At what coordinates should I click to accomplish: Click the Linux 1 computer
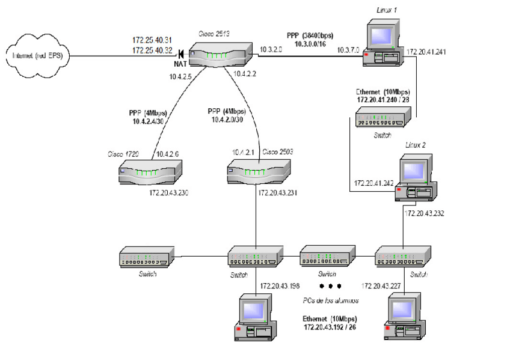tap(383, 43)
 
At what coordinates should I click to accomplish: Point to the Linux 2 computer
tap(416, 178)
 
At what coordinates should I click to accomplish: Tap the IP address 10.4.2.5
tap(180, 77)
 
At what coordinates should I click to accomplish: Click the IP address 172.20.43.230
tap(170, 194)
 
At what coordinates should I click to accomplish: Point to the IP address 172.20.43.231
tap(278, 194)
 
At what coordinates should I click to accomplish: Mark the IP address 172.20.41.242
tap(373, 183)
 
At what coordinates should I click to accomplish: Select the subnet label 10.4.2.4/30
tap(149, 121)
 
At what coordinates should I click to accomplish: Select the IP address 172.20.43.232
tap(425, 213)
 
